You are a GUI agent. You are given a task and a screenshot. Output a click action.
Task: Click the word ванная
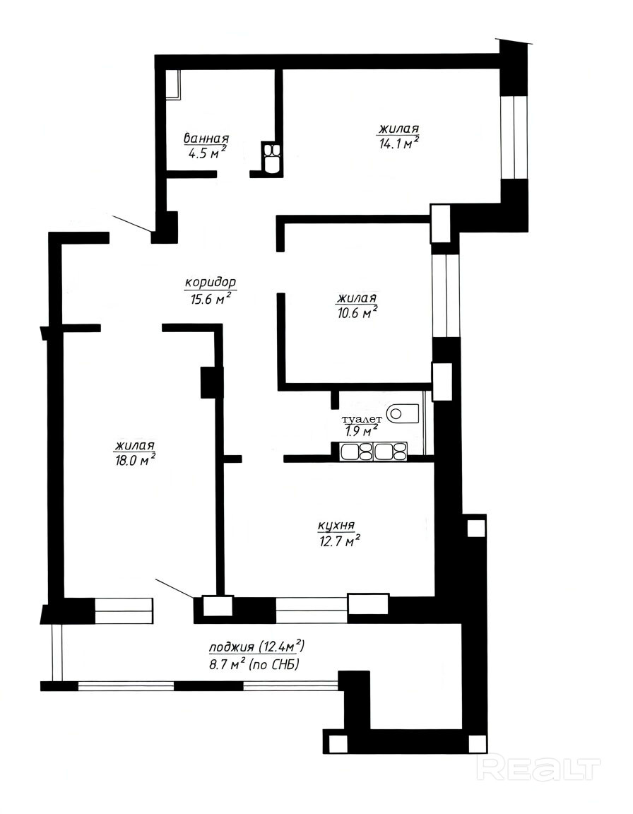(206, 138)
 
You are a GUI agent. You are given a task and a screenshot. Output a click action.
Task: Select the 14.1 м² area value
(398, 142)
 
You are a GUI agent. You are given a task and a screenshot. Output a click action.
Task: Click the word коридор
(211, 283)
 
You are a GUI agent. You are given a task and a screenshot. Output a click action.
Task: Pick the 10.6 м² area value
(357, 312)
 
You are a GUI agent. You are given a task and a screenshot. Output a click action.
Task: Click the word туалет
(362, 419)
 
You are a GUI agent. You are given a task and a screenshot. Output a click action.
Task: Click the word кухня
(336, 526)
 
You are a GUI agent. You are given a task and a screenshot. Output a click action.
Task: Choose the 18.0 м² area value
(136, 460)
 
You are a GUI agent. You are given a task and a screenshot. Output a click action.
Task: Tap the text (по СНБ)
(275, 664)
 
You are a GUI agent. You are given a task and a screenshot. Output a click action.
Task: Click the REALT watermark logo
(538, 768)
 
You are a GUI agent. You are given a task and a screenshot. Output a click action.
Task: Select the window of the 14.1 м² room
(513, 137)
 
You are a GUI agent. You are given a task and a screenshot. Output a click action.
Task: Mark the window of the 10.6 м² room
(446, 295)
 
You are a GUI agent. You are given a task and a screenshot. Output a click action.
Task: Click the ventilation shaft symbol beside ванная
(271, 158)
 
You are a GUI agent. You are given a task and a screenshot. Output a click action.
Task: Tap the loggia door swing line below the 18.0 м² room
(175, 589)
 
